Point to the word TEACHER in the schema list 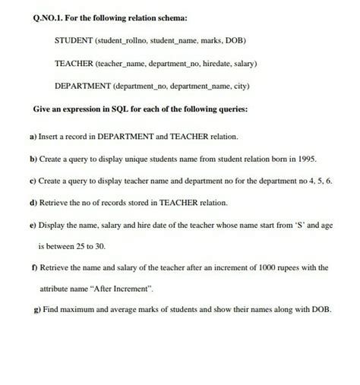point(76,64)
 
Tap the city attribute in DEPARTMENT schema point(251,87)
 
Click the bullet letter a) point(33,137)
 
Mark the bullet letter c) point(33,181)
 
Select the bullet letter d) point(33,204)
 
